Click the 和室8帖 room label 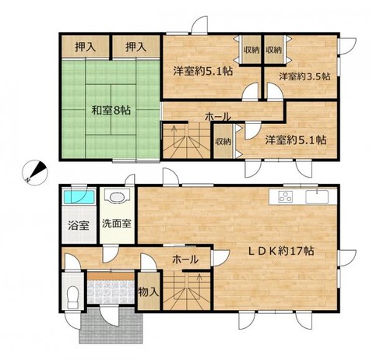(x=109, y=110)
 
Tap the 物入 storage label (x=148, y=292)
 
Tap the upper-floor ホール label (x=217, y=117)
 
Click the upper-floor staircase (x=186, y=140)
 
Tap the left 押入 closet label (x=86, y=46)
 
